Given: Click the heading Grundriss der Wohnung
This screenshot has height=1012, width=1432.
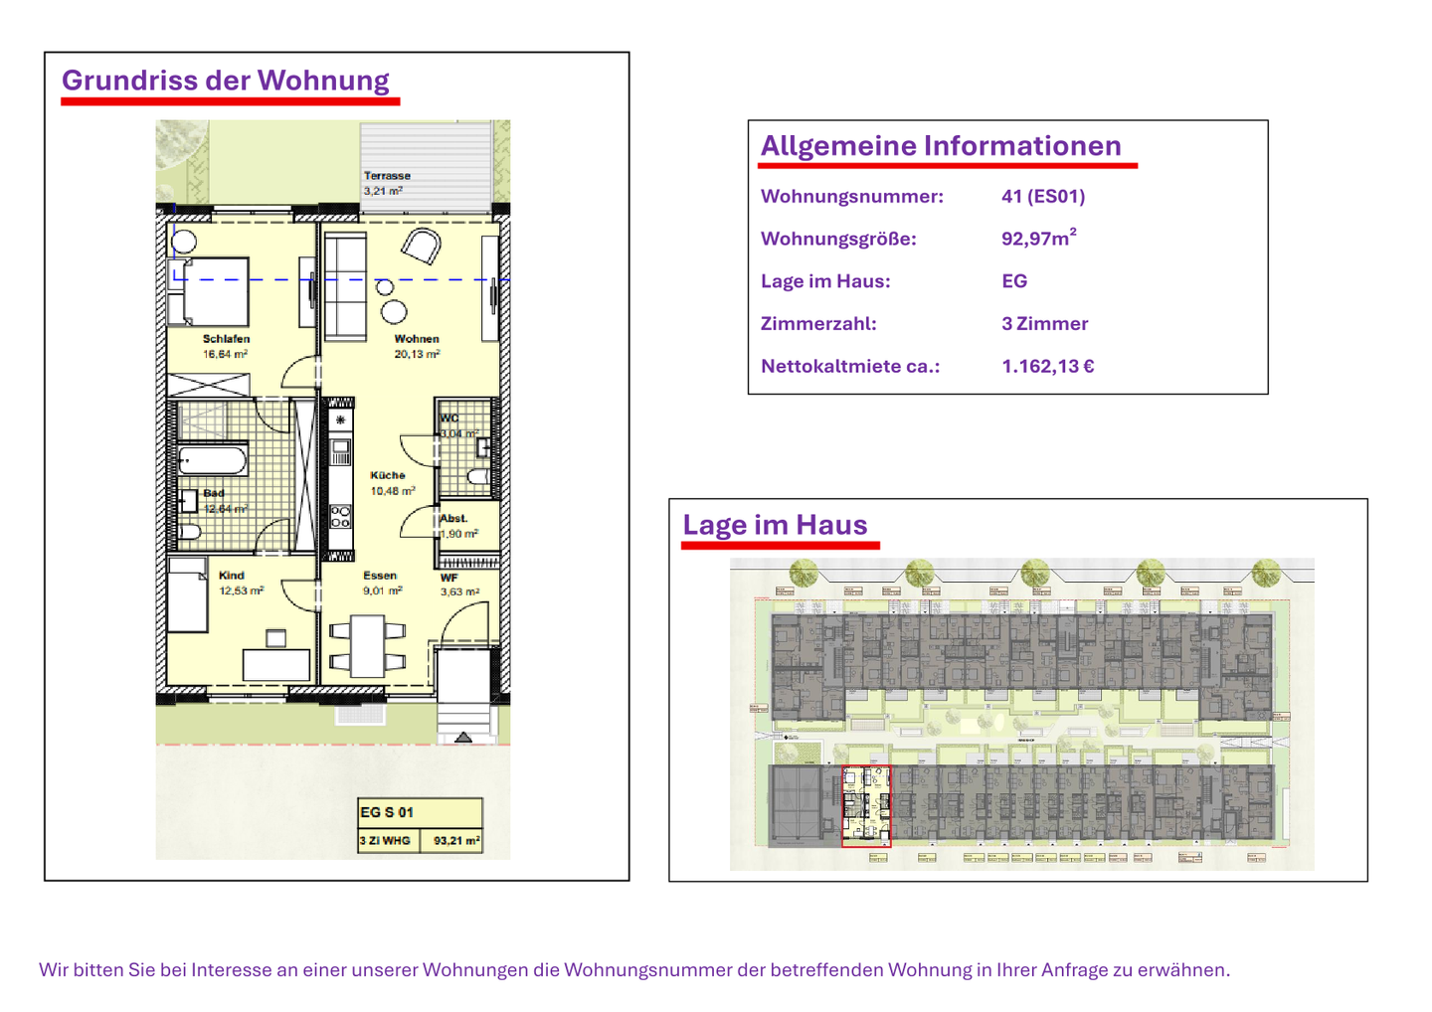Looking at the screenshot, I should (x=225, y=81).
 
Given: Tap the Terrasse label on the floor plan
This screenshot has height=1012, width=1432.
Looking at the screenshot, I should (x=387, y=176).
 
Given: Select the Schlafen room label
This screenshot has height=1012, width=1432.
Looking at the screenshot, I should (x=226, y=339).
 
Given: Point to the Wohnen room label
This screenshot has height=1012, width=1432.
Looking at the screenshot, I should (x=416, y=339).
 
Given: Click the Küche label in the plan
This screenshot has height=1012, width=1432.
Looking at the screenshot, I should (x=388, y=475).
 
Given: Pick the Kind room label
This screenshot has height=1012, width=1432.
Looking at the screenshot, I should (x=232, y=576).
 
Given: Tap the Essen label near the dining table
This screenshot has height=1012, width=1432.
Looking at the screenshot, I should (x=380, y=576).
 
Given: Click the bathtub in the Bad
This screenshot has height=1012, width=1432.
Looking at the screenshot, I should (x=212, y=461).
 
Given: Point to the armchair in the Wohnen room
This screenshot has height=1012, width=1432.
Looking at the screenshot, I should (x=422, y=246).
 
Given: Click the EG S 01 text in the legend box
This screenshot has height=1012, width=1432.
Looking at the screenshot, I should (x=387, y=812).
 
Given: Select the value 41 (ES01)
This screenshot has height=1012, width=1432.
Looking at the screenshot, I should (x=1043, y=197).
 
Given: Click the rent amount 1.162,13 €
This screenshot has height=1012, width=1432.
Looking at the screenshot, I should (x=1048, y=367).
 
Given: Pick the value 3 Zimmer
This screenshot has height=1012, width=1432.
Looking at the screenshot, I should (x=1044, y=324).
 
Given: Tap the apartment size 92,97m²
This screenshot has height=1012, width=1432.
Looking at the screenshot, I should (x=1038, y=239).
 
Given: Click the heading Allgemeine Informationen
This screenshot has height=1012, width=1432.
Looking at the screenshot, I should (x=941, y=146).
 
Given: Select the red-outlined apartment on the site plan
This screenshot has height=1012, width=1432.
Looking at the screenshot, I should (x=866, y=806).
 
